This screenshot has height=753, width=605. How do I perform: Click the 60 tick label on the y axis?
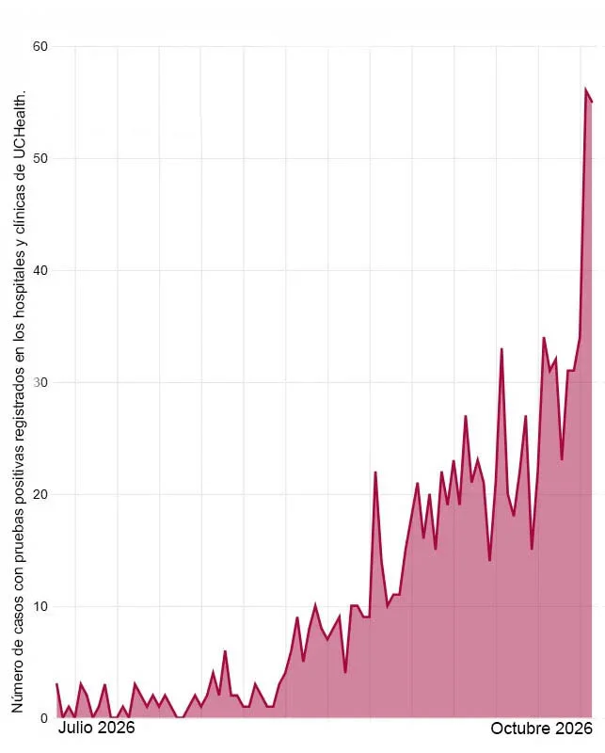coord(40,46)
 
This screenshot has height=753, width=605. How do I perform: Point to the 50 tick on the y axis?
coord(40,158)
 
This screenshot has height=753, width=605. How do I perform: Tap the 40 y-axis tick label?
coord(40,270)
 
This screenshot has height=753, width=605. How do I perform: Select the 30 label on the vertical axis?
coord(40,383)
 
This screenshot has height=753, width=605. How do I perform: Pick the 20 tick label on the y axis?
coord(40,495)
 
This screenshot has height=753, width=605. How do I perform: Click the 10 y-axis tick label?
coord(40,606)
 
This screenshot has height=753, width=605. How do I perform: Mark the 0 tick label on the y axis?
coord(44,718)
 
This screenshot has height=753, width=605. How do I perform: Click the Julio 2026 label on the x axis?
coord(97,728)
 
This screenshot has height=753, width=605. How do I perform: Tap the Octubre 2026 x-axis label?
coord(542,729)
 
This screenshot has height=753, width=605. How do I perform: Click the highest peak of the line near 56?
coord(586,88)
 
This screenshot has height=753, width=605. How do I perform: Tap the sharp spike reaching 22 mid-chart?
coord(375,473)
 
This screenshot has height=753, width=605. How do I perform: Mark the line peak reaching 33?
coord(502,349)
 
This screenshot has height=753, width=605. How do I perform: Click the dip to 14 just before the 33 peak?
coord(490,560)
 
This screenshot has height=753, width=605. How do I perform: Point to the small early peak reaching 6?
coord(225,651)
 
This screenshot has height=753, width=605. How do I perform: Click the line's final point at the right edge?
coord(592,102)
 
